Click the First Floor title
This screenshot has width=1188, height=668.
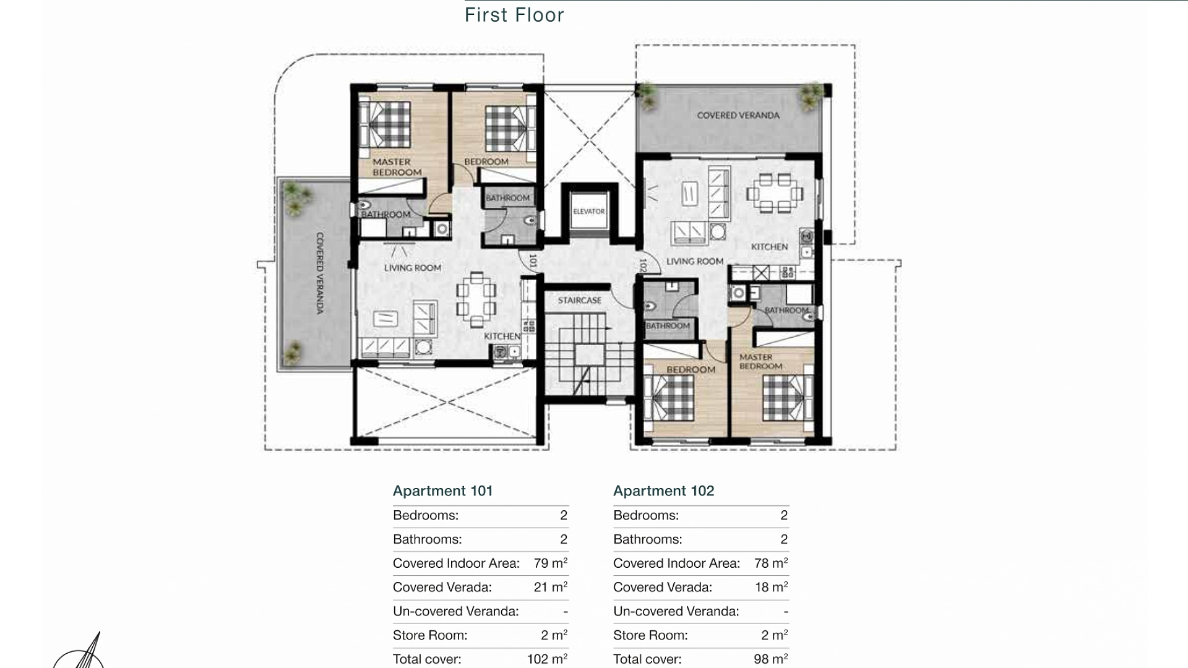click(x=514, y=15)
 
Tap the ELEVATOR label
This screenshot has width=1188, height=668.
click(x=588, y=212)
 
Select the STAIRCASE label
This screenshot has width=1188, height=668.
click(x=580, y=301)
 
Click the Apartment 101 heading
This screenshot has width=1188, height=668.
click(x=443, y=491)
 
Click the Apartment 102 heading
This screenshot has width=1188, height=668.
click(x=664, y=491)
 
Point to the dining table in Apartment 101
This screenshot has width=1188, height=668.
click(x=476, y=299)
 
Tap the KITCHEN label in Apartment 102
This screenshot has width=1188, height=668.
click(x=770, y=247)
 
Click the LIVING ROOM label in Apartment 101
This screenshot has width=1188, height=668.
click(x=413, y=268)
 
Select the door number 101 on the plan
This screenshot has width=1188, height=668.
click(x=533, y=260)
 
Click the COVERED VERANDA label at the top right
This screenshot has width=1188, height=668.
click(x=738, y=116)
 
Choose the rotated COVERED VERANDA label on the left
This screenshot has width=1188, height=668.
click(x=320, y=273)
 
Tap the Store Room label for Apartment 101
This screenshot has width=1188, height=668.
click(x=430, y=635)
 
